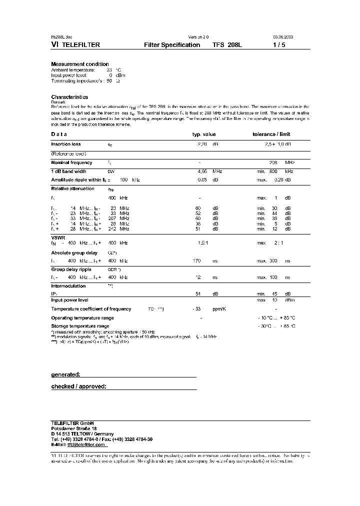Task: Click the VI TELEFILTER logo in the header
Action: (x=75, y=44)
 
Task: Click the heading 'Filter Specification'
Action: (x=172, y=44)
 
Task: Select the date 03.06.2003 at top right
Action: (x=282, y=37)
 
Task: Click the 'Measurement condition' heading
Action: (x=80, y=64)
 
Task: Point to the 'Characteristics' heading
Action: (x=69, y=97)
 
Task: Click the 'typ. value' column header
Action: (x=204, y=134)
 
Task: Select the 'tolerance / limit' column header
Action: (x=271, y=134)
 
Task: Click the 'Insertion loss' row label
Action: (x=66, y=144)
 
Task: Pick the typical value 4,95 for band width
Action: (x=202, y=171)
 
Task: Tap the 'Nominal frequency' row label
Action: (x=72, y=162)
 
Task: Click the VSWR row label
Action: (x=58, y=237)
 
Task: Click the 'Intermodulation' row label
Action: (x=68, y=286)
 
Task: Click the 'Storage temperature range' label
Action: (x=80, y=326)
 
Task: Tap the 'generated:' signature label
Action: (x=66, y=374)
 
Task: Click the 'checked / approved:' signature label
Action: (x=79, y=386)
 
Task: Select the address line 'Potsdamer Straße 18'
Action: (x=74, y=428)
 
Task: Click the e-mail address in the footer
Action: (x=85, y=444)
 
